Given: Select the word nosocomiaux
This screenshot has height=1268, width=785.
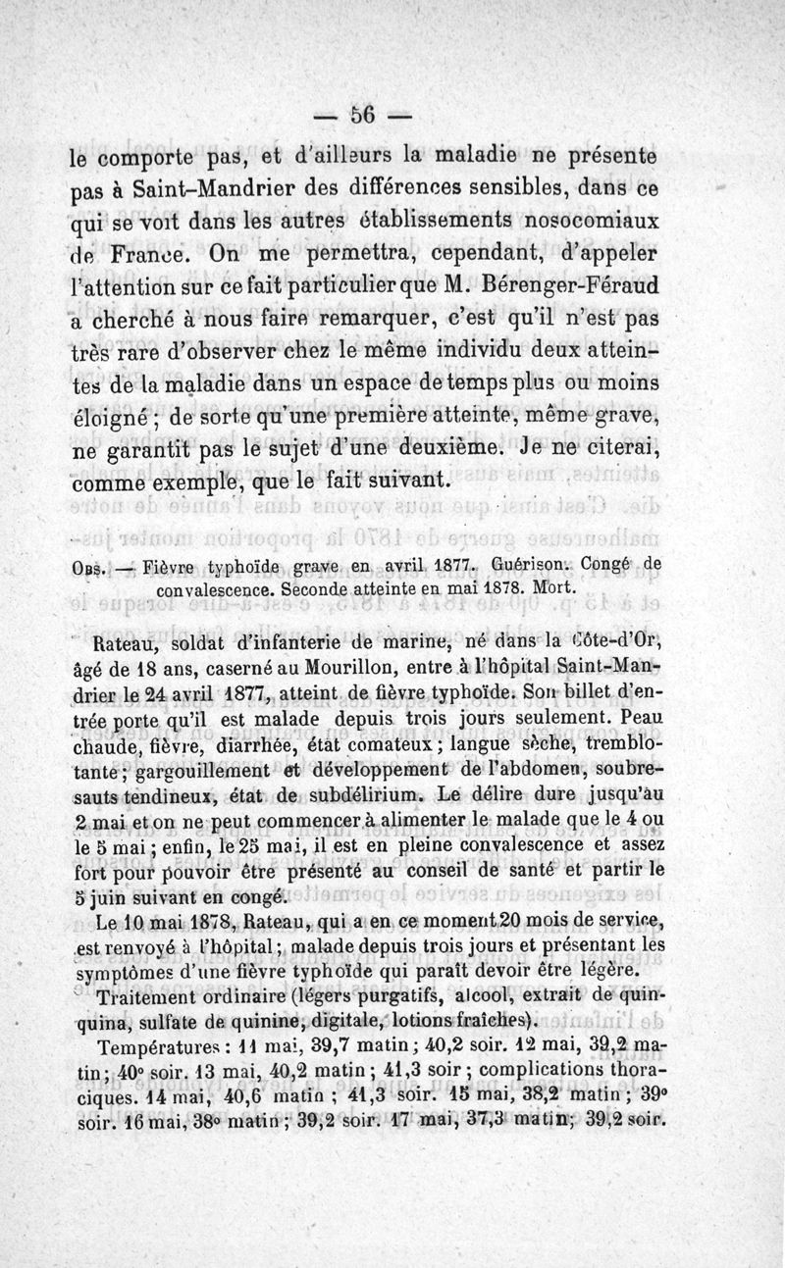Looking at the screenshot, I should tap(579, 219).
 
